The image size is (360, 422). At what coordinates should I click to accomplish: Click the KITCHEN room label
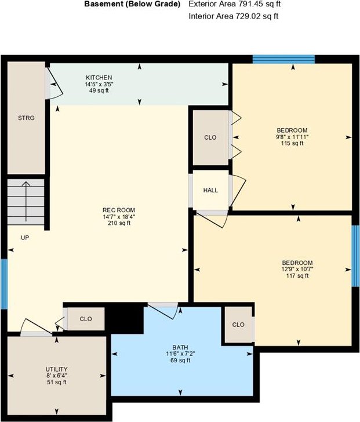coord(99,78)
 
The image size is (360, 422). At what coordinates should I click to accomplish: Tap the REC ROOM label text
coord(119,210)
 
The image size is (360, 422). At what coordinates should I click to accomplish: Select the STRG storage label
coord(26,118)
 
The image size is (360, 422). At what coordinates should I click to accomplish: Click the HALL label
coord(210,190)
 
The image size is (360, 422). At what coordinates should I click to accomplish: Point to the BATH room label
coord(180,347)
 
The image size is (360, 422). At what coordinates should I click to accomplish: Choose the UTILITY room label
coord(56,369)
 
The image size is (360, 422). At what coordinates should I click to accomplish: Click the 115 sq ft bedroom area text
coord(292,143)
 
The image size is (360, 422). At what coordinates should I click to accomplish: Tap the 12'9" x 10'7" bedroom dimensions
coord(297,269)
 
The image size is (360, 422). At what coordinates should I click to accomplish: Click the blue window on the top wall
coord(283,59)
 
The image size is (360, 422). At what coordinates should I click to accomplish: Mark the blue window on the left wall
coord(4,284)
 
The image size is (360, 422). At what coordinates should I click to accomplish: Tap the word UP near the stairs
coord(25,238)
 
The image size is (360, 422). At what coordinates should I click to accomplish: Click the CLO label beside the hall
coord(210,137)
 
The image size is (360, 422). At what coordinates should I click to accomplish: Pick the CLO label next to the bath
coord(238,325)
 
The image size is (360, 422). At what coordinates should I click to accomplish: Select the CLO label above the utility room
coord(86,319)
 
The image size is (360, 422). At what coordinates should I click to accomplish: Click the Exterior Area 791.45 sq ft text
coord(235,4)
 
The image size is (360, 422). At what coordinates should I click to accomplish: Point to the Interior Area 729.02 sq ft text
coord(234,16)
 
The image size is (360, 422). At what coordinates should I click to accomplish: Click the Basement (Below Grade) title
coord(132,4)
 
